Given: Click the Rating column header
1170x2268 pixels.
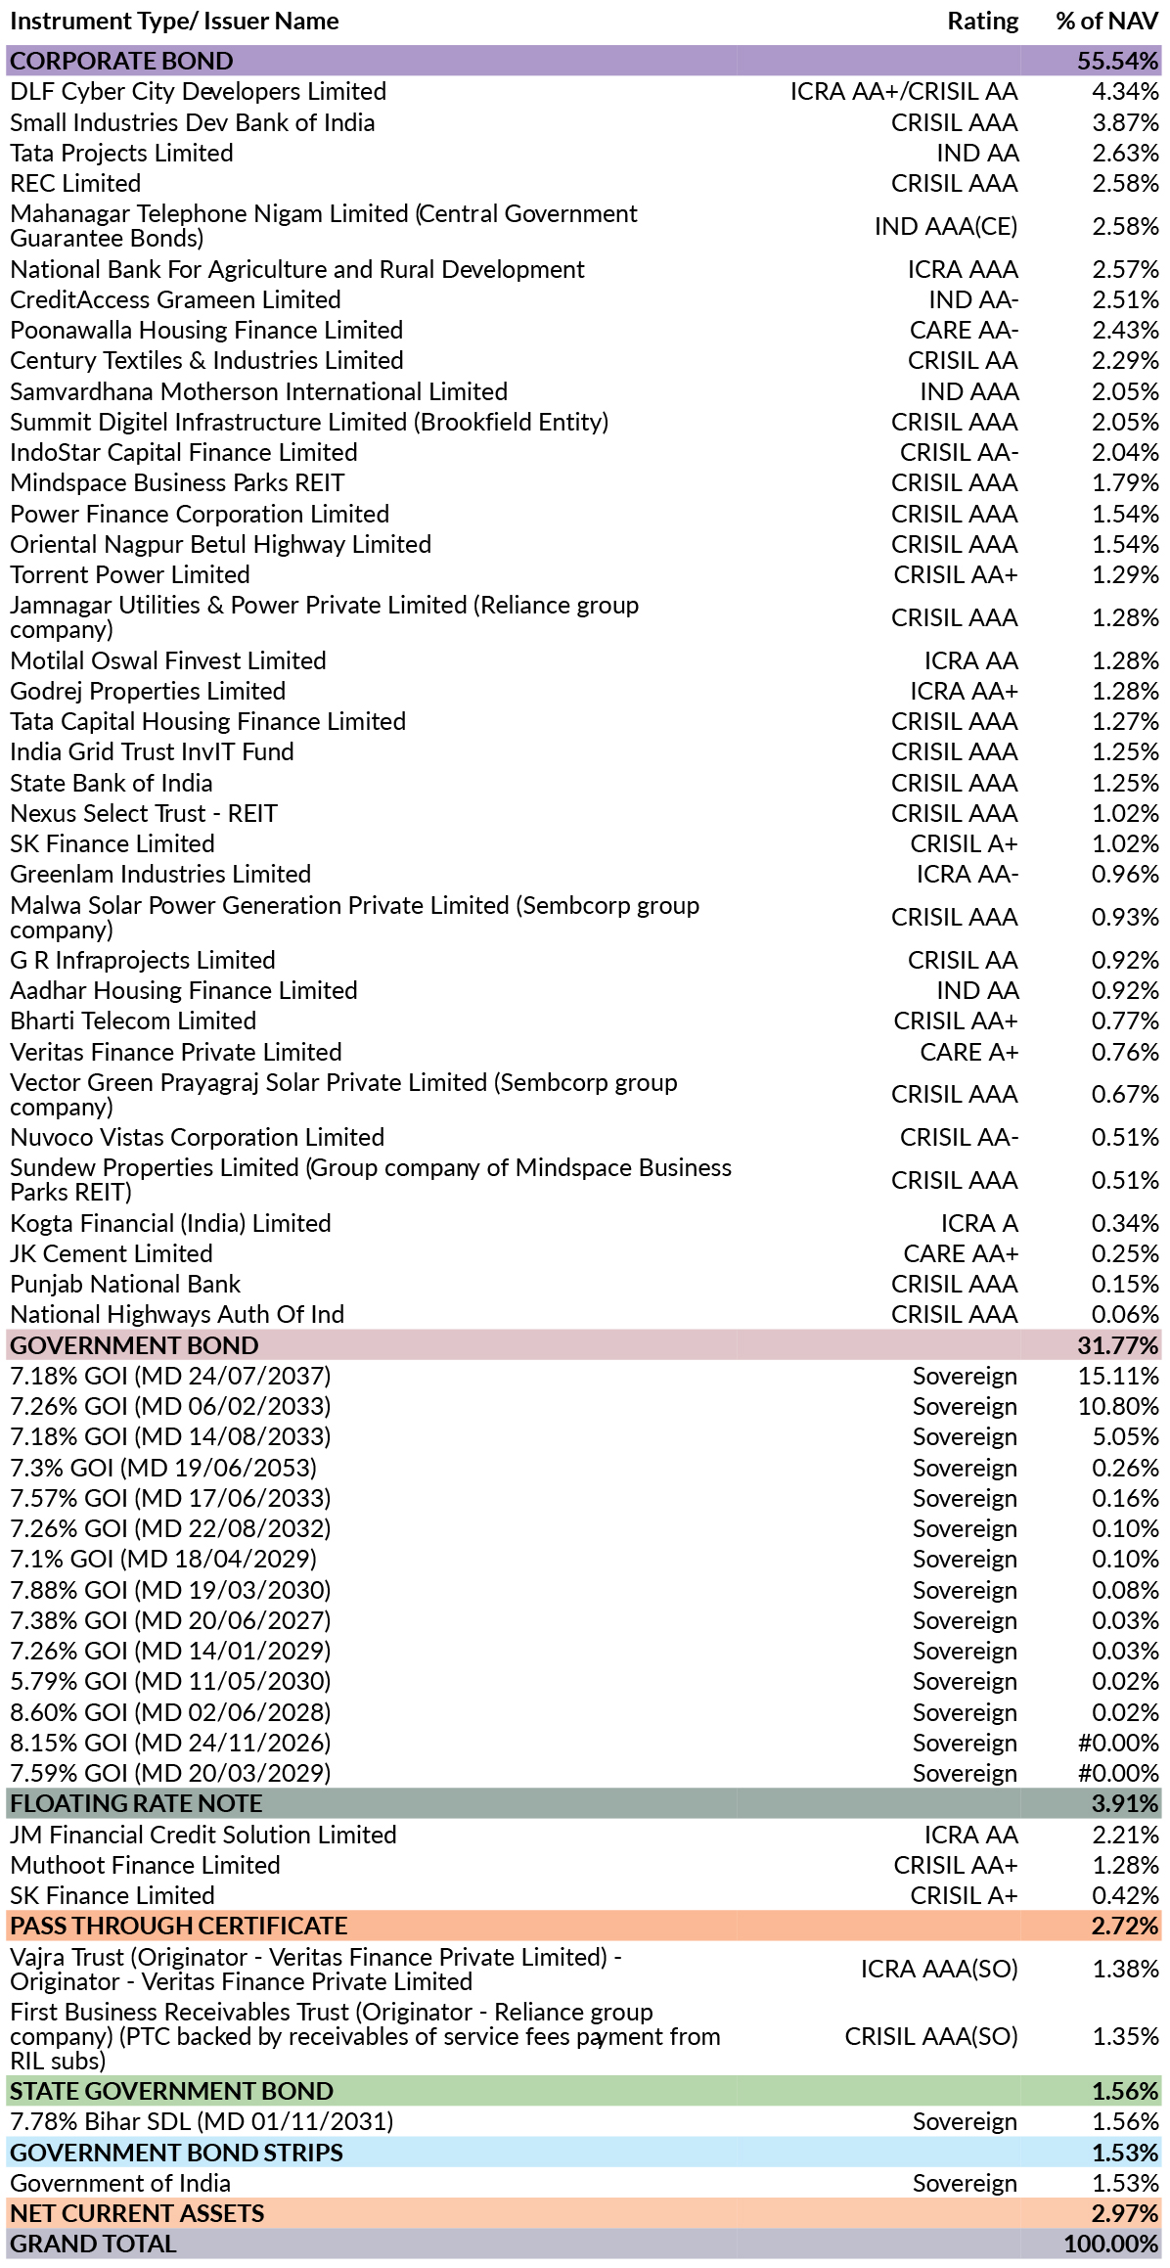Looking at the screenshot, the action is point(982,22).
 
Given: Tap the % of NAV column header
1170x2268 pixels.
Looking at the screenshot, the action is point(1106,22).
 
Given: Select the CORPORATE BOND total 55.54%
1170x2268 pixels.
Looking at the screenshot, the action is point(1117,61).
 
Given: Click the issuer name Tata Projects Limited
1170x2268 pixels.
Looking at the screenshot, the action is point(121,153).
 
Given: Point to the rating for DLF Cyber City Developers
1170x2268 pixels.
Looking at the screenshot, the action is point(904,91).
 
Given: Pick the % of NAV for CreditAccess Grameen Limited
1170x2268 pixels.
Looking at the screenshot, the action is point(1125,299).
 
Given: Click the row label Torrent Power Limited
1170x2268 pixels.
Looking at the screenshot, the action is point(130,574).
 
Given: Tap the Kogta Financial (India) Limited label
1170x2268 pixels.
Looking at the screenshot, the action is point(170,1223).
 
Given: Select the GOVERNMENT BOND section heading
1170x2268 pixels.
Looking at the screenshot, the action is point(134,1345).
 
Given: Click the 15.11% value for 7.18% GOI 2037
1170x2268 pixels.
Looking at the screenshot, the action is point(1118,1376).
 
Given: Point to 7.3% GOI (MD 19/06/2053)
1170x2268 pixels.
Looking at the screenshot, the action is point(163,1468).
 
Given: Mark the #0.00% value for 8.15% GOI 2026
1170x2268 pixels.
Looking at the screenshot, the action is point(1118,1743).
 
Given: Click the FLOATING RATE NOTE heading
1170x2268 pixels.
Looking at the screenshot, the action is point(136,1803).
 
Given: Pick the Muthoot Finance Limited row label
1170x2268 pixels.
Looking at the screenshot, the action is point(145,1865).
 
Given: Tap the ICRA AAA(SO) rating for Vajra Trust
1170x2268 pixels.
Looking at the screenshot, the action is point(939,1969).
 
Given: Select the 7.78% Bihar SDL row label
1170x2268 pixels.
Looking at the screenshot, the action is point(202,2121).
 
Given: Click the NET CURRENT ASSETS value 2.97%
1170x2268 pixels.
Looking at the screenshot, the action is point(1125,2213).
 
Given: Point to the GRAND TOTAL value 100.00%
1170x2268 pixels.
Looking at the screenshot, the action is point(1111,2244).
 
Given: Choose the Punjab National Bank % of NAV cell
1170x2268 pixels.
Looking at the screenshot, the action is point(1125,1284).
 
